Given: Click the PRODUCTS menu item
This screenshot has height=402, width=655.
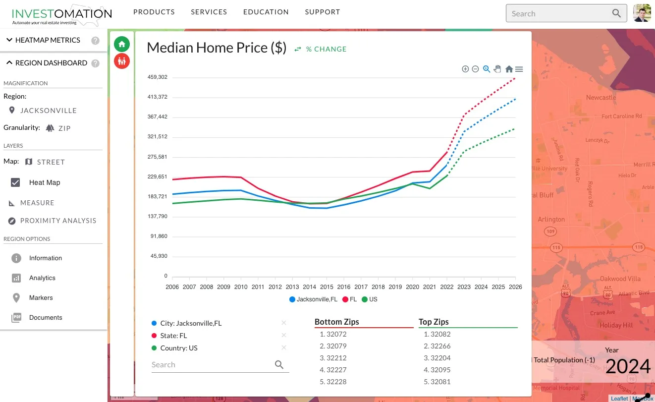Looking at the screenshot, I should click(x=154, y=12).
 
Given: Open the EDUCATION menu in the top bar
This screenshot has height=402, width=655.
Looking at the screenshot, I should click(x=266, y=12).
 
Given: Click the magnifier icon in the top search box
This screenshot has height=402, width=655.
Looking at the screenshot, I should click(x=616, y=13).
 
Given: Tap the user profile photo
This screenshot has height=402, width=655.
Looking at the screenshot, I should click(x=642, y=13).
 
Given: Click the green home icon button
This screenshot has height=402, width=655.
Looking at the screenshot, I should click(x=122, y=44).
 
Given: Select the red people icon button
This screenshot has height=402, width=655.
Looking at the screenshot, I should click(x=122, y=61).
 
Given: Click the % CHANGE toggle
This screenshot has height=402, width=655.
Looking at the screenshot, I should click(x=321, y=49).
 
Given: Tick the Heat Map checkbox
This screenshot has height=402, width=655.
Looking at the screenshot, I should click(x=15, y=182).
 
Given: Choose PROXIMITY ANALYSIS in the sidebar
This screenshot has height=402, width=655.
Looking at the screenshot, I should click(x=58, y=221).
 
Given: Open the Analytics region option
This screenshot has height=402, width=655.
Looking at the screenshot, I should click(x=42, y=278).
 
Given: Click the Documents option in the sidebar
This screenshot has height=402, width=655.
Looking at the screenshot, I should click(x=46, y=318).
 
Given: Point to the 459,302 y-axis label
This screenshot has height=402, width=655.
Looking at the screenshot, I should click(x=157, y=77).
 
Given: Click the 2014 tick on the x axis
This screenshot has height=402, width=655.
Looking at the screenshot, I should click(x=310, y=287).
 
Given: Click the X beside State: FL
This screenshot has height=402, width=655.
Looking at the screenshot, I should click(x=284, y=336).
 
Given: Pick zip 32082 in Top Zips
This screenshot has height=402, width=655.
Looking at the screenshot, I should click(x=440, y=334).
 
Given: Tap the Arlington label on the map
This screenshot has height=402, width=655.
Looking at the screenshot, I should click(x=551, y=219).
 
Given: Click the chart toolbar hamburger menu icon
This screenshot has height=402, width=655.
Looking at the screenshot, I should click(x=519, y=69).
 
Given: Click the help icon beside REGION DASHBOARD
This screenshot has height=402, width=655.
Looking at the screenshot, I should click(x=96, y=63).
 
